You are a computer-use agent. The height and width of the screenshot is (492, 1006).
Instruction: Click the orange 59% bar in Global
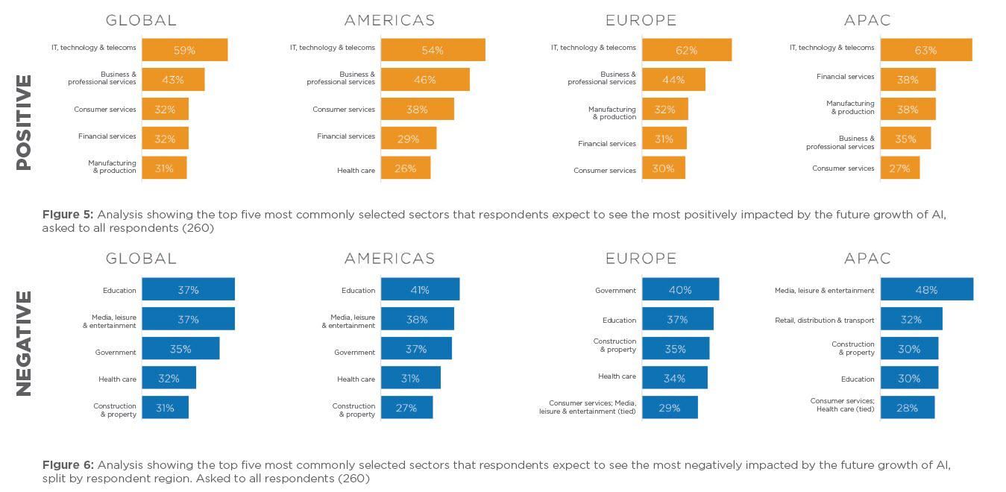point(184,50)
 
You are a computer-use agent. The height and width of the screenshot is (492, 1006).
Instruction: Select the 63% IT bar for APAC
point(925,50)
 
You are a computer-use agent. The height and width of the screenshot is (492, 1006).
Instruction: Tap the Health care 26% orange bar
point(405,168)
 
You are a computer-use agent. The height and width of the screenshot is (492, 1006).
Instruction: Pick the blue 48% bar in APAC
point(926,289)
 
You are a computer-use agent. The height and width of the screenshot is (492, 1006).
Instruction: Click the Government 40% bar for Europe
point(680,289)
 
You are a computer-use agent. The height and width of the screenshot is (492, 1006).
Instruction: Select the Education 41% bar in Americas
point(419,289)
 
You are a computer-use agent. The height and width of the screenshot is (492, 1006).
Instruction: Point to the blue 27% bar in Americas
point(406,408)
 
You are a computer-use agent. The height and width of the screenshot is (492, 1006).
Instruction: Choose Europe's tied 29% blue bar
point(670,408)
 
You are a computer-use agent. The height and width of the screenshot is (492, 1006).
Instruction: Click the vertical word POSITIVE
point(24,122)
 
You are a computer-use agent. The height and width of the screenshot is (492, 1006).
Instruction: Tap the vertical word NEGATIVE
point(24,343)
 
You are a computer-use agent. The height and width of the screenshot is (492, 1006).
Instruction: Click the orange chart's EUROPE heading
point(641,20)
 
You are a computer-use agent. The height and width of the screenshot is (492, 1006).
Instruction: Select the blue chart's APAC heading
point(867,259)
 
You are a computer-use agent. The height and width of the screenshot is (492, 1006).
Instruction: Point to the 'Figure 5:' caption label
point(67,215)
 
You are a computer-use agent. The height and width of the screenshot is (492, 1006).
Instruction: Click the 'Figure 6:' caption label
point(67,465)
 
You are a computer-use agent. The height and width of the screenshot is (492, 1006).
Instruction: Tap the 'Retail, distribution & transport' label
point(825,321)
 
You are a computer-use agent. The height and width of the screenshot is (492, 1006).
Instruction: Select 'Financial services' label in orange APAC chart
point(845,77)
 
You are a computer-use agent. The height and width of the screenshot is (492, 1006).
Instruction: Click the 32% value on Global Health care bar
point(169,378)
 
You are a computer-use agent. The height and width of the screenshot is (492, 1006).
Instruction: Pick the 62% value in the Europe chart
point(686,50)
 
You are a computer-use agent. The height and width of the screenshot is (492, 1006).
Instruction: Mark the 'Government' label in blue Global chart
point(116,353)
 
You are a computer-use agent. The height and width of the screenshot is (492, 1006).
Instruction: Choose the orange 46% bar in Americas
point(424,80)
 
